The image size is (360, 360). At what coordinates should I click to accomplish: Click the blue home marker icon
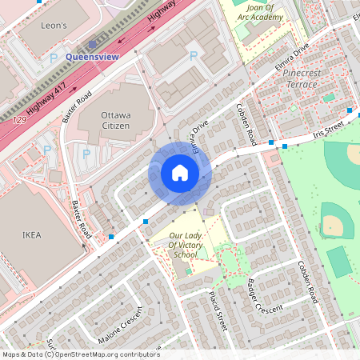pyautogui.click(x=180, y=173)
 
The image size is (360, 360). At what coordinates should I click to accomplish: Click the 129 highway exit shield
pyautogui.click(x=18, y=120)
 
